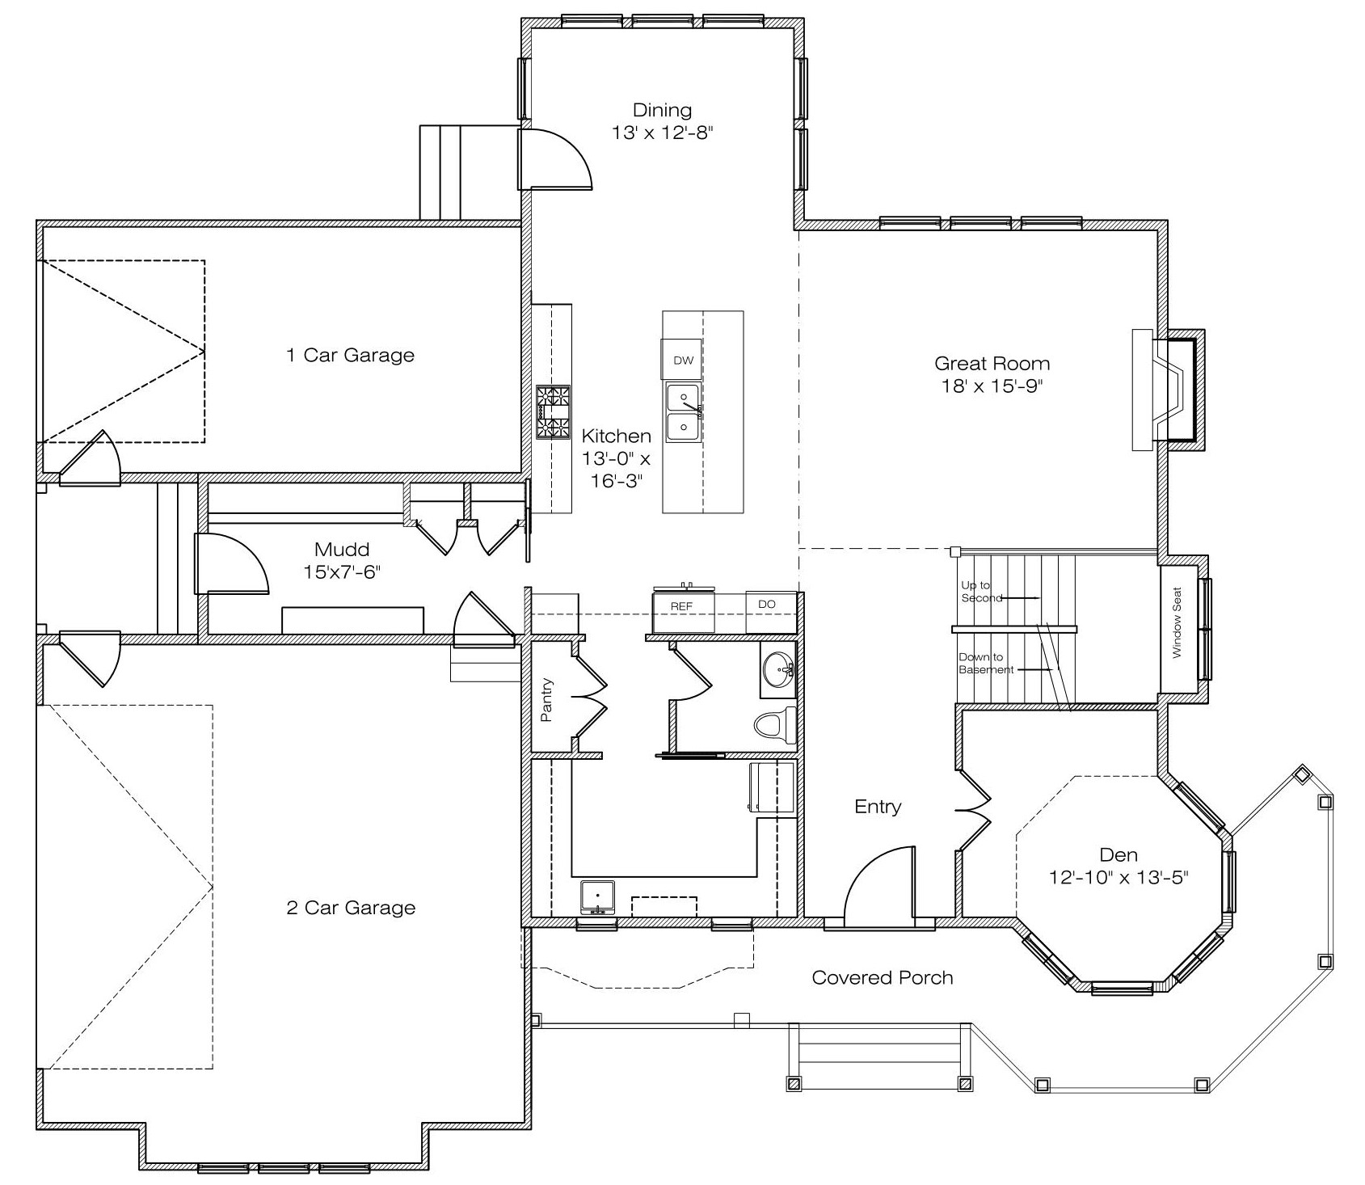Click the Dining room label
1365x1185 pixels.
(x=662, y=110)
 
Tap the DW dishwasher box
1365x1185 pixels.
(x=683, y=361)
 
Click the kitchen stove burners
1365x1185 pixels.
(x=554, y=412)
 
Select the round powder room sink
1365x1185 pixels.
(x=778, y=670)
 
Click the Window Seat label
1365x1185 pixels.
(x=1177, y=622)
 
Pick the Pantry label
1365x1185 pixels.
(x=547, y=699)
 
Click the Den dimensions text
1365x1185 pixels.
(x=1119, y=877)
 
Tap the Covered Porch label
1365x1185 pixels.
(x=883, y=978)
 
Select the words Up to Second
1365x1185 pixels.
(x=982, y=592)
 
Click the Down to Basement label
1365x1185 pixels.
(x=986, y=664)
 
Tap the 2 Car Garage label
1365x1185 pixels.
(x=351, y=909)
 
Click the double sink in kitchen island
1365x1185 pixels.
(x=683, y=412)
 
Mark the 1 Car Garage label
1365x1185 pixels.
(x=350, y=356)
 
